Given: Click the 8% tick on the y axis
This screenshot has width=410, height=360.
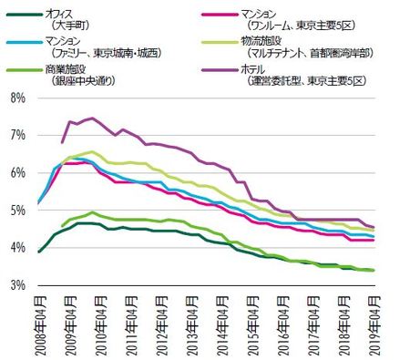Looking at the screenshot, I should pos(17,98).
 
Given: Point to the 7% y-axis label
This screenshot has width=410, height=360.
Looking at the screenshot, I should pos(17,135).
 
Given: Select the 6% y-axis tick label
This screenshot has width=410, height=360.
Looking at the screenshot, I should pos(17,172).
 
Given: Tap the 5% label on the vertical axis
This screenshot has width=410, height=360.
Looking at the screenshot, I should pos(17,210).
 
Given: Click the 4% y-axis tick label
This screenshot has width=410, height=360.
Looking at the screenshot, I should pos(17,247).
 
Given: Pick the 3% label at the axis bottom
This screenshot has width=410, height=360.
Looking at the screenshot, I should pos(17,284).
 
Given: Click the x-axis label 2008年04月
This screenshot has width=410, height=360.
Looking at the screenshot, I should pos(38,321).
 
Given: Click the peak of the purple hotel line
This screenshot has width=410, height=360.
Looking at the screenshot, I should pos(91,118).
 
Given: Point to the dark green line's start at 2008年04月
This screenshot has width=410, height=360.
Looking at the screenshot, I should pos(38,252).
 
